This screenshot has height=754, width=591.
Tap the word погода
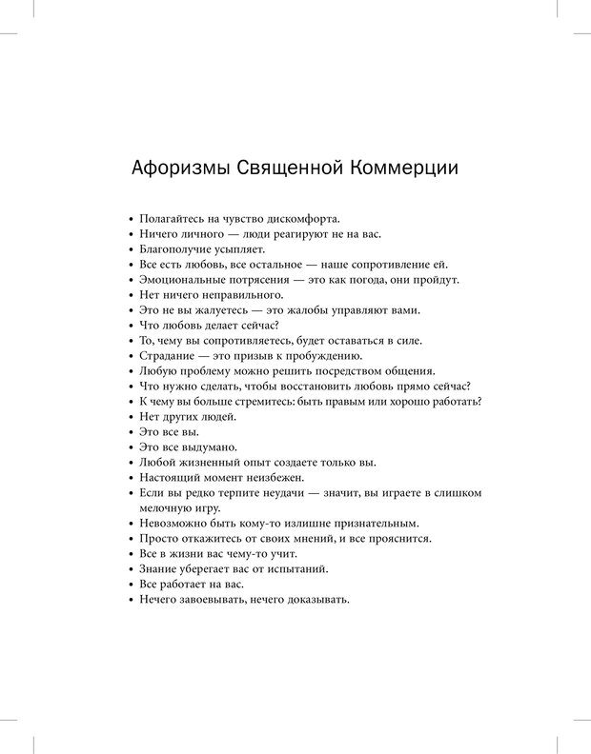[x=361, y=279]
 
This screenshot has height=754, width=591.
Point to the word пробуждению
[x=326, y=355]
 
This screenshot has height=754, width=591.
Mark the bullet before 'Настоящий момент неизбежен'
[x=131, y=477]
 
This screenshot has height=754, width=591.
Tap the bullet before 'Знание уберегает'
[x=131, y=568]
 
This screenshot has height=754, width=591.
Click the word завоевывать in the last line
[x=213, y=599]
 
